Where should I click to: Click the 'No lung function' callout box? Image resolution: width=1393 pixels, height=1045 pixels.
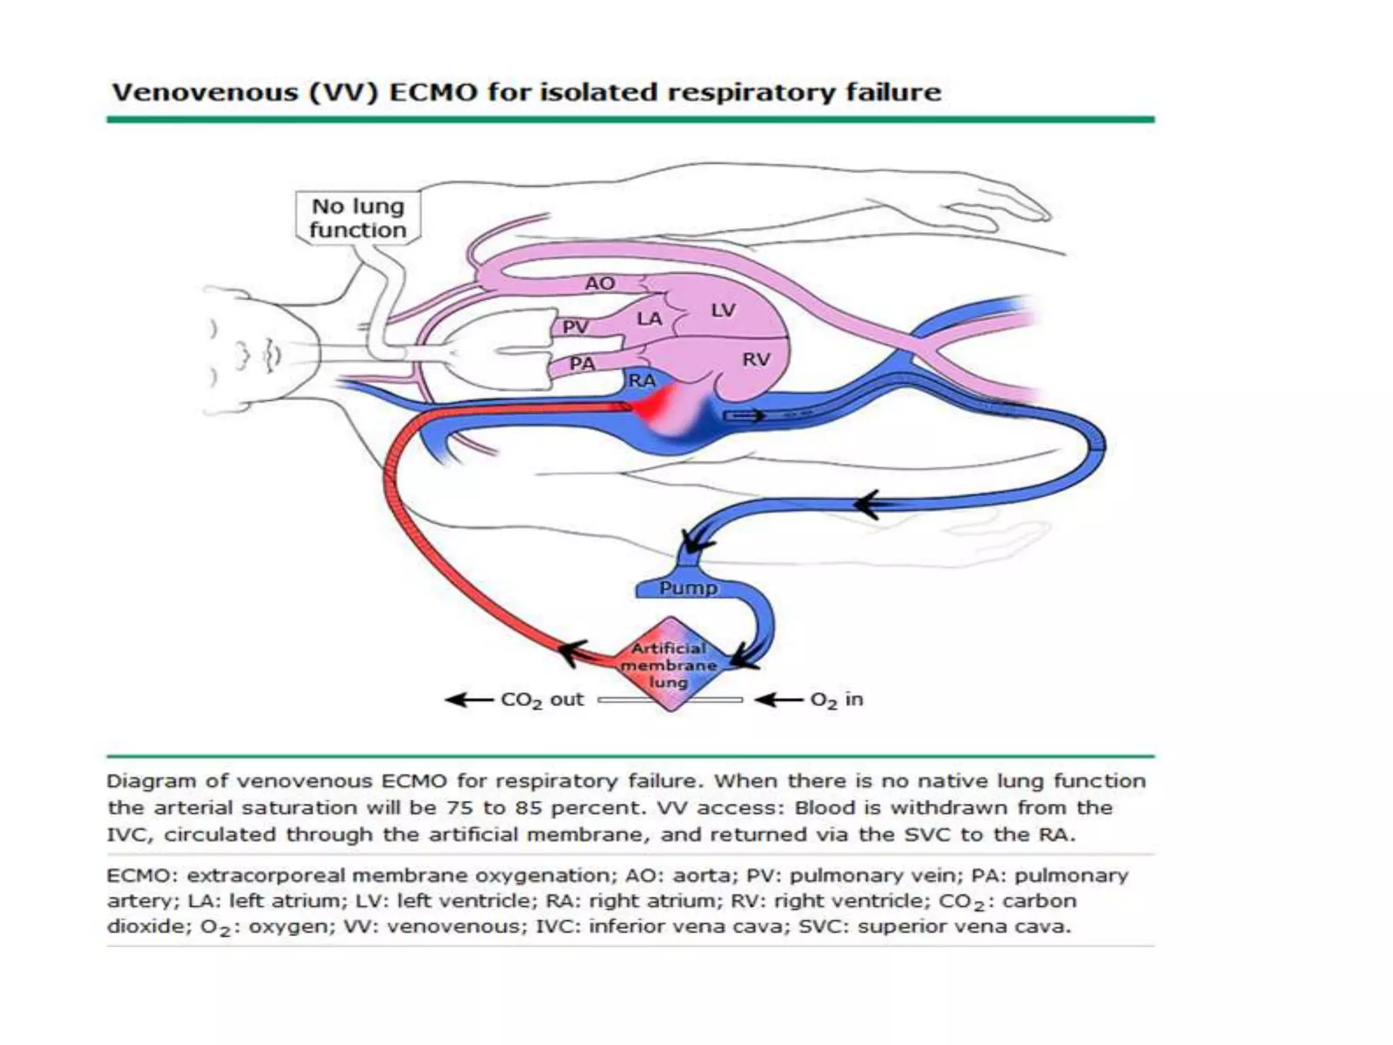point(358,218)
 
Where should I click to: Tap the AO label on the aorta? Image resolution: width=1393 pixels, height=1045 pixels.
point(600,283)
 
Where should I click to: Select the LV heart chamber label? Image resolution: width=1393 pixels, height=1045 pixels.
point(723,311)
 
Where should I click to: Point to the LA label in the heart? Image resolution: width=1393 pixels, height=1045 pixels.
point(649,318)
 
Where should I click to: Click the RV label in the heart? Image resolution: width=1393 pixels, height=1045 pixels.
point(756,359)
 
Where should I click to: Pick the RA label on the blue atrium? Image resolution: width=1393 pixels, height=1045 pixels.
point(641,380)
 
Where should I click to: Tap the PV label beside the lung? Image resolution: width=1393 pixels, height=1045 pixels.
point(575,327)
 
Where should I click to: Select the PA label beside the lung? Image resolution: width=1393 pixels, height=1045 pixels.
point(582,364)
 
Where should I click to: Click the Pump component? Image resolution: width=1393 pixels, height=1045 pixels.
point(688,588)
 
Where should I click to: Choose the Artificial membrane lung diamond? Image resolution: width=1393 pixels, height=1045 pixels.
point(669,665)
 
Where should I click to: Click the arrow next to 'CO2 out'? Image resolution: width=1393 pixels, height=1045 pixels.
point(468,699)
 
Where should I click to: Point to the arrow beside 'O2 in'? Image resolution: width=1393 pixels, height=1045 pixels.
point(778,699)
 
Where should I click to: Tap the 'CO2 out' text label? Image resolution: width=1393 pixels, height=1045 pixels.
point(542,700)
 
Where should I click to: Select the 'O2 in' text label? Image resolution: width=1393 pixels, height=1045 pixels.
point(837,699)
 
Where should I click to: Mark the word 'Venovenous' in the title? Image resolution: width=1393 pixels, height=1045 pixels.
point(205,92)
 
